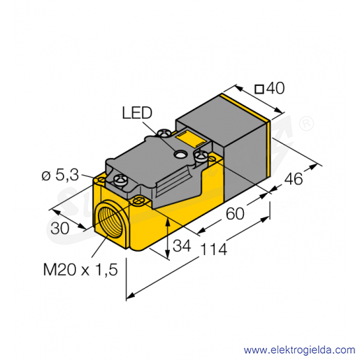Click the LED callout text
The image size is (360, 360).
[137, 113]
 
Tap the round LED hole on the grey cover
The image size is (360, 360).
[180, 154]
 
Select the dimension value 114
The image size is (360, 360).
[213, 249]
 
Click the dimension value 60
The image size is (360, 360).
[235, 213]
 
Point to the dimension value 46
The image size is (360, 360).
[294, 179]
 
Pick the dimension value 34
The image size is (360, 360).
[182, 245]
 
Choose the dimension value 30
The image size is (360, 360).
[60, 229]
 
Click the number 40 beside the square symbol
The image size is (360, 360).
[275, 88]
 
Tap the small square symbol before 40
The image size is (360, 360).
[259, 89]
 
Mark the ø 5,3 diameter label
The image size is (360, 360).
[60, 175]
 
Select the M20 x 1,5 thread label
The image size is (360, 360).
[80, 270]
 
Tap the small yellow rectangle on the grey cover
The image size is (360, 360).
[190, 139]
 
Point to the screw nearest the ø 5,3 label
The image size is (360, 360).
[120, 179]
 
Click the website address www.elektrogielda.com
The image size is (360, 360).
[299, 350]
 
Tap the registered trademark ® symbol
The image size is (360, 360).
[306, 124]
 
